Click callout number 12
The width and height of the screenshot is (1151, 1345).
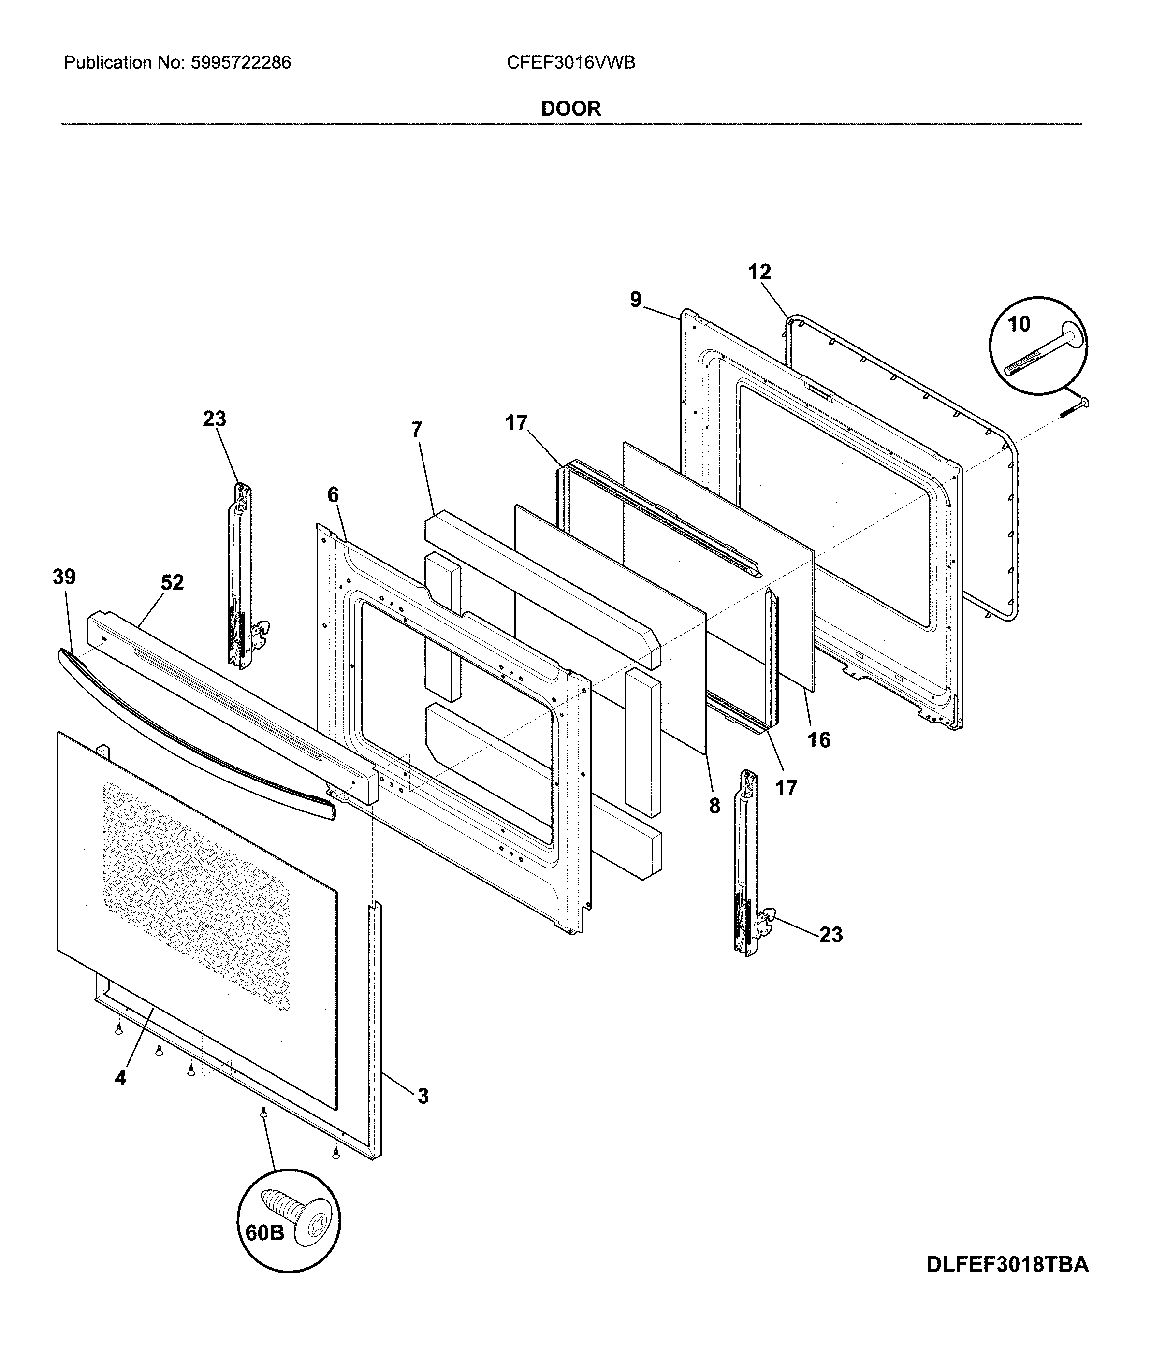point(759,272)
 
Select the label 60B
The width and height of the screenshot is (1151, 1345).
point(265,1233)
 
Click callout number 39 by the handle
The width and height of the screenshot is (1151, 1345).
point(64,577)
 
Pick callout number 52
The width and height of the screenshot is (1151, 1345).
point(172,582)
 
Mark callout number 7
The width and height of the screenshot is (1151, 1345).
point(416,429)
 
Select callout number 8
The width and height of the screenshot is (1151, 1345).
point(714,806)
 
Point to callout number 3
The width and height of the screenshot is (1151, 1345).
point(423,1097)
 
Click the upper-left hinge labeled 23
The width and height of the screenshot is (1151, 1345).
point(244,578)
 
